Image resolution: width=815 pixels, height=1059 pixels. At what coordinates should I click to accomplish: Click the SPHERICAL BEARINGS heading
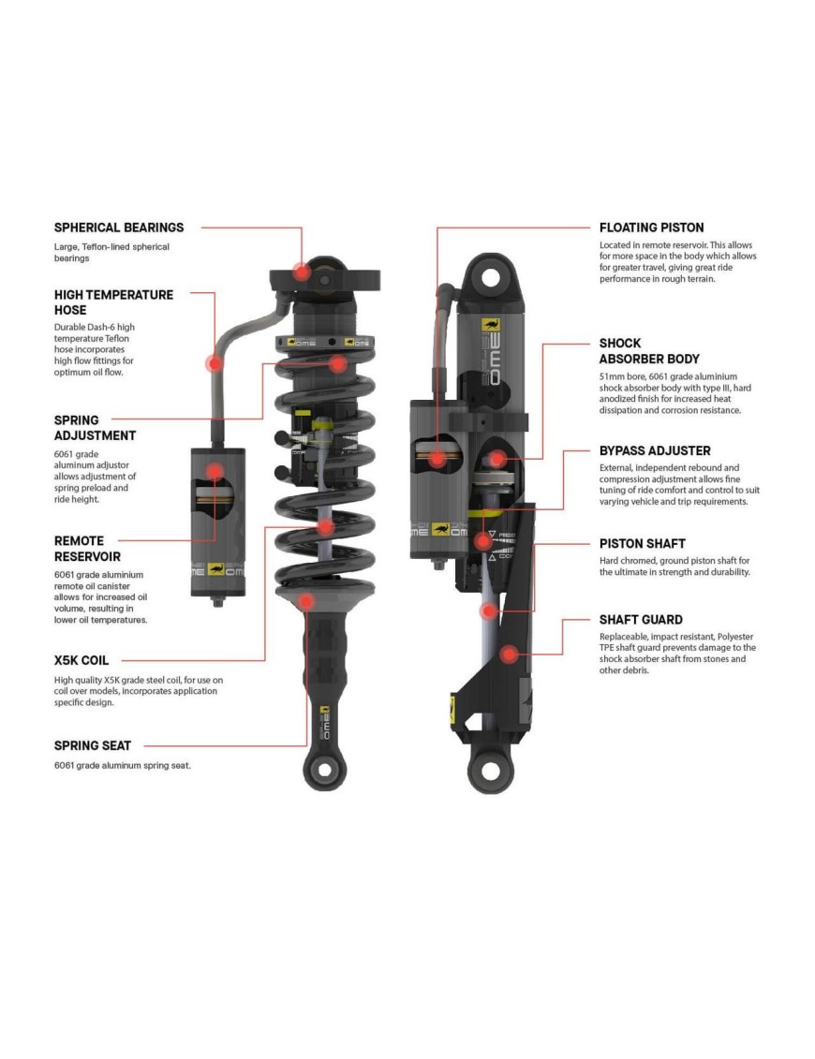119,228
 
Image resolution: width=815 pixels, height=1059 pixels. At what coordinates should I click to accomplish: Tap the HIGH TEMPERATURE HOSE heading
113,302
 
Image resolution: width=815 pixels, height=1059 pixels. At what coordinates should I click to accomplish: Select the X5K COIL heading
81,660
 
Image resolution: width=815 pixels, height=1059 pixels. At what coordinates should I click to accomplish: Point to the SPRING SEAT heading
93,745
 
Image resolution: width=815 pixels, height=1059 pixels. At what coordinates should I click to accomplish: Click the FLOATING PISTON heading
651,228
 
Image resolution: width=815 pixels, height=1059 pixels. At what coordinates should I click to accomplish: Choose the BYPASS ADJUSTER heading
655,450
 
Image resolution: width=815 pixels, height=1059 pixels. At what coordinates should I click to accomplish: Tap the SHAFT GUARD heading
641,619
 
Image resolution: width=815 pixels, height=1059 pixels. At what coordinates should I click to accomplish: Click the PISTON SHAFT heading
643,543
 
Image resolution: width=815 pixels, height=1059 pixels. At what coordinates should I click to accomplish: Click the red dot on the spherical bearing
301,272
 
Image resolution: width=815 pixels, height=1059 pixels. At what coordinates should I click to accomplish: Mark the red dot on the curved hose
215,363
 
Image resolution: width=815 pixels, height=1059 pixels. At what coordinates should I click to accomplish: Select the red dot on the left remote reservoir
215,472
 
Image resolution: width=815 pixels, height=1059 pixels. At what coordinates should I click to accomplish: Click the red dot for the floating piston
437,459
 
